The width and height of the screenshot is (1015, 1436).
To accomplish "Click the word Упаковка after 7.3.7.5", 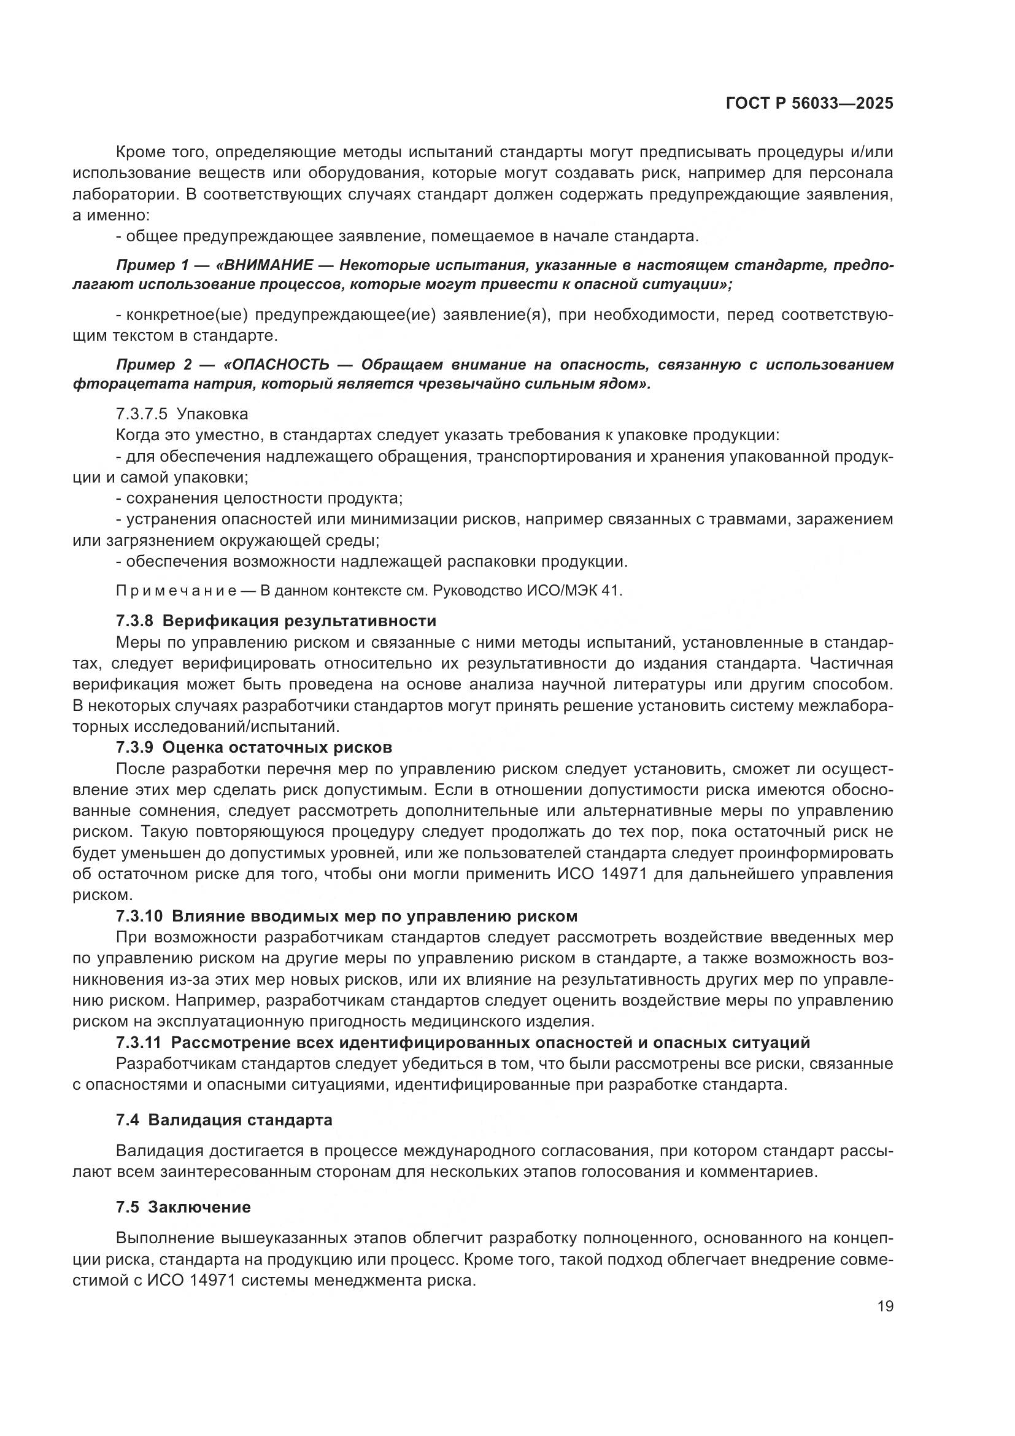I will (212, 414).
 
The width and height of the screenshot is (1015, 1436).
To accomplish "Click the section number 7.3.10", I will (139, 916).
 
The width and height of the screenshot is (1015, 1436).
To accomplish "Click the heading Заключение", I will (199, 1206).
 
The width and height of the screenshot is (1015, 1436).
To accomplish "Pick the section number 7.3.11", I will (139, 1042).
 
